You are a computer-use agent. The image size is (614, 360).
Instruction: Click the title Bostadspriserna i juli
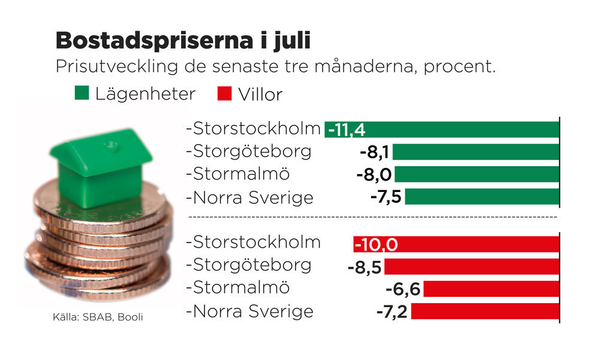point(183,41)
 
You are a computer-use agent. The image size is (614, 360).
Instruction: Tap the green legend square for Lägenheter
point(82,94)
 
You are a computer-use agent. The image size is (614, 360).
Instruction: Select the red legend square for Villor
point(224,94)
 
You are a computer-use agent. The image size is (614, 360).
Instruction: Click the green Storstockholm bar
point(462,130)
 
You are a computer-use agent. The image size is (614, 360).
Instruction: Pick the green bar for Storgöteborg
point(475,152)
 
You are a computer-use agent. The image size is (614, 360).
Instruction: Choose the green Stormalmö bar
point(477,175)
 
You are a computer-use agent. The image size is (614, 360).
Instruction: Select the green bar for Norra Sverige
point(481,197)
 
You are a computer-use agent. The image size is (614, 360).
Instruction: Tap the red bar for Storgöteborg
point(471,266)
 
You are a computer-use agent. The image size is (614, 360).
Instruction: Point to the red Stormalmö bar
point(491,289)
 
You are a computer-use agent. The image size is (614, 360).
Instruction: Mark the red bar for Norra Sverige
point(484,311)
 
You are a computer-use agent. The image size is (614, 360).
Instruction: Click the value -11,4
point(347,130)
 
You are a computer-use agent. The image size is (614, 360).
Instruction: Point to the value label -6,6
point(403,289)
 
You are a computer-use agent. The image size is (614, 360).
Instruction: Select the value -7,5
point(385,197)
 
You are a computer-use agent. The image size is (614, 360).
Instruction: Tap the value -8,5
point(365,267)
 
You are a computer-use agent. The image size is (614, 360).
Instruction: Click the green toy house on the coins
point(101,167)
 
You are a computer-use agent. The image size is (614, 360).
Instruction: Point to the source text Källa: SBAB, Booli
point(98,316)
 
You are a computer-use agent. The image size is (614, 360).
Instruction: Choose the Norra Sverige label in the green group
point(251,197)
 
